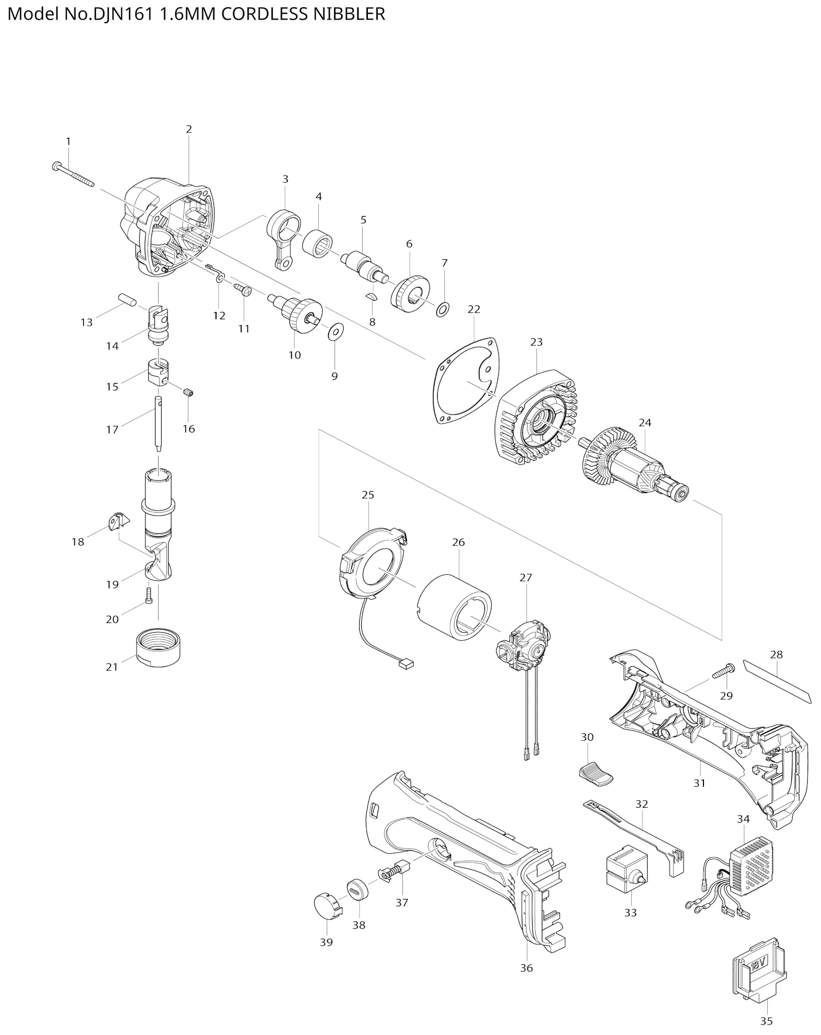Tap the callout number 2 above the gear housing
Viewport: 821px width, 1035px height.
click(x=189, y=129)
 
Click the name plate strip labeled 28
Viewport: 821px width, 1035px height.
click(x=777, y=682)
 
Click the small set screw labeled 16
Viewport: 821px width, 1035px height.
click(x=188, y=393)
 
